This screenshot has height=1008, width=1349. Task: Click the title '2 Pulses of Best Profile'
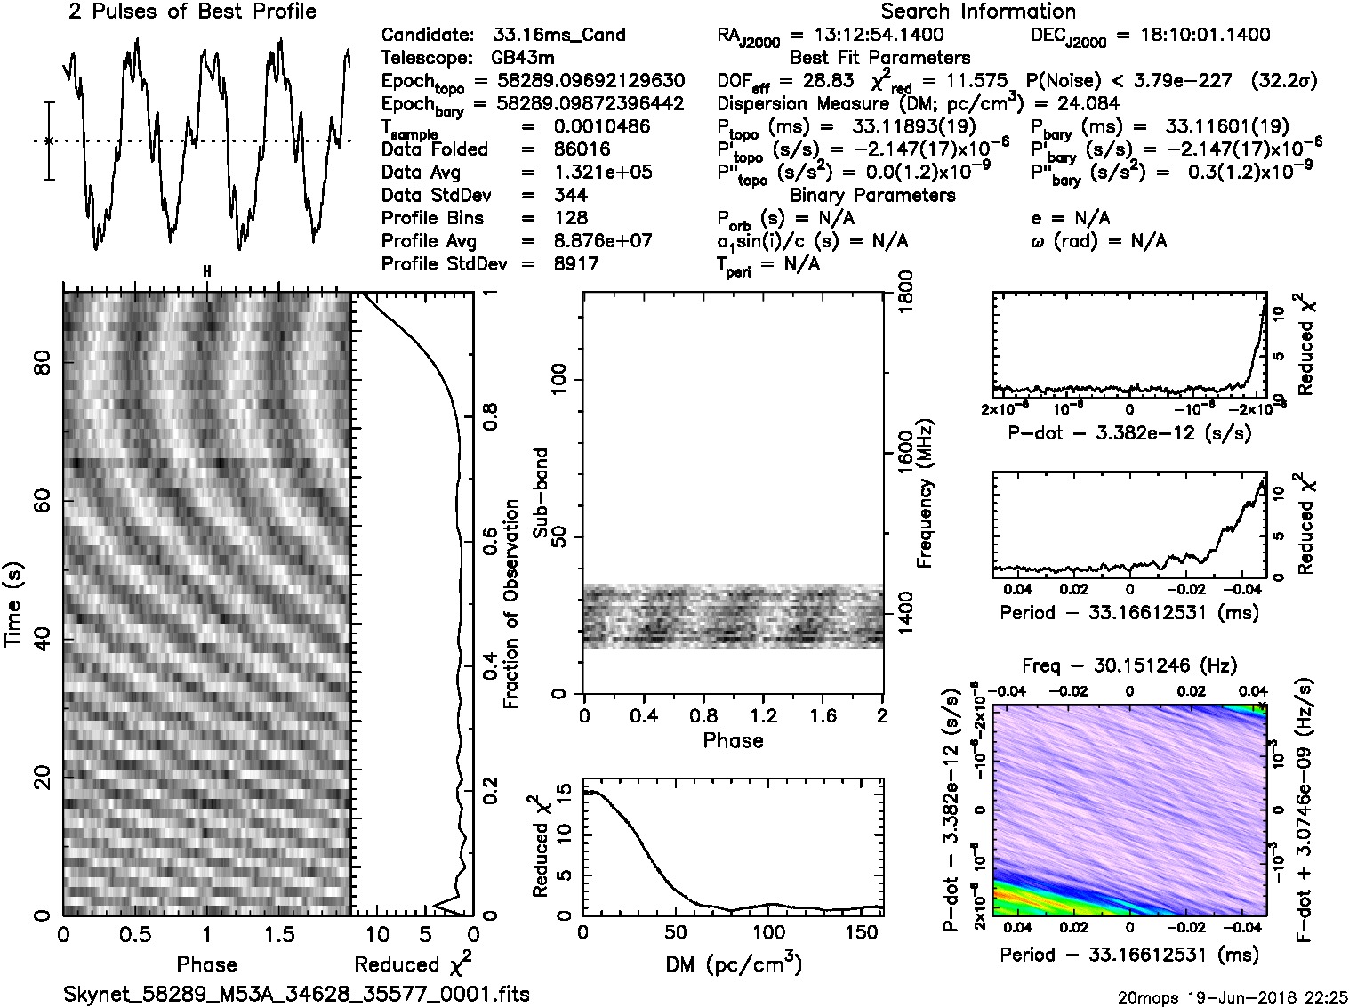pos(192,12)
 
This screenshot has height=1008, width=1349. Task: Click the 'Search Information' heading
pos(978,12)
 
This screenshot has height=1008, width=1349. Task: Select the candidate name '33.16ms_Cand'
pos(558,36)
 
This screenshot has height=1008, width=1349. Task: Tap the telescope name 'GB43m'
pos(530,59)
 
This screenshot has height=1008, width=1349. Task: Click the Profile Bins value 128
pos(570,218)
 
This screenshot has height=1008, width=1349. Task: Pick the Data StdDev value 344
pos(570,196)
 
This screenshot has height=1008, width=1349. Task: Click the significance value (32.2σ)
pos(1283,81)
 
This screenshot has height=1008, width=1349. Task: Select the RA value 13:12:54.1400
pos(867,36)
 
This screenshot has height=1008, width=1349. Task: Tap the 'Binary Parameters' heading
pos(872,195)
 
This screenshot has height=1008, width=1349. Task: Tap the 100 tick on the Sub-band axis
pos(563,380)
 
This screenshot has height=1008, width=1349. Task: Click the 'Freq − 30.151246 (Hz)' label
pos(1128,665)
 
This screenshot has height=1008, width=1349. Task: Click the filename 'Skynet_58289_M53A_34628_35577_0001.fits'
pos(297,993)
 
